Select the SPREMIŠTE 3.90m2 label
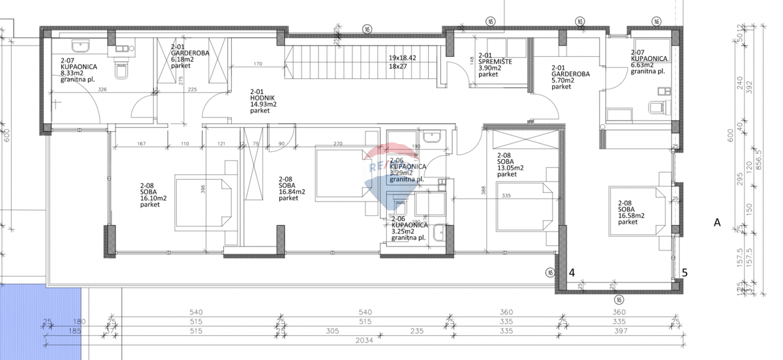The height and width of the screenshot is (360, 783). click(x=495, y=65)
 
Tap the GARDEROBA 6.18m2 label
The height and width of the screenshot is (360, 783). click(x=189, y=56)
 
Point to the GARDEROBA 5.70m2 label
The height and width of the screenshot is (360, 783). click(x=570, y=77)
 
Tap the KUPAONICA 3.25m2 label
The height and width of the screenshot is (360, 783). click(x=409, y=231)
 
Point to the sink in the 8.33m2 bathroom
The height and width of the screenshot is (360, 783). click(x=82, y=47)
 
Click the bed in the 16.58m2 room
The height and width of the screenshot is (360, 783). click(x=636, y=211)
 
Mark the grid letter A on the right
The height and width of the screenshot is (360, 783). click(x=716, y=222)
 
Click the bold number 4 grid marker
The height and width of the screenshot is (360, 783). click(x=572, y=273)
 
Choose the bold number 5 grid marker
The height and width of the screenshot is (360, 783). click(x=684, y=273)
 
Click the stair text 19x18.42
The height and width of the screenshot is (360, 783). click(x=403, y=58)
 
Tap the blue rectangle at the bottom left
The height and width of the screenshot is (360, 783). click(x=40, y=322)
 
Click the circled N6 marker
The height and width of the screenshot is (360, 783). click(x=656, y=22)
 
